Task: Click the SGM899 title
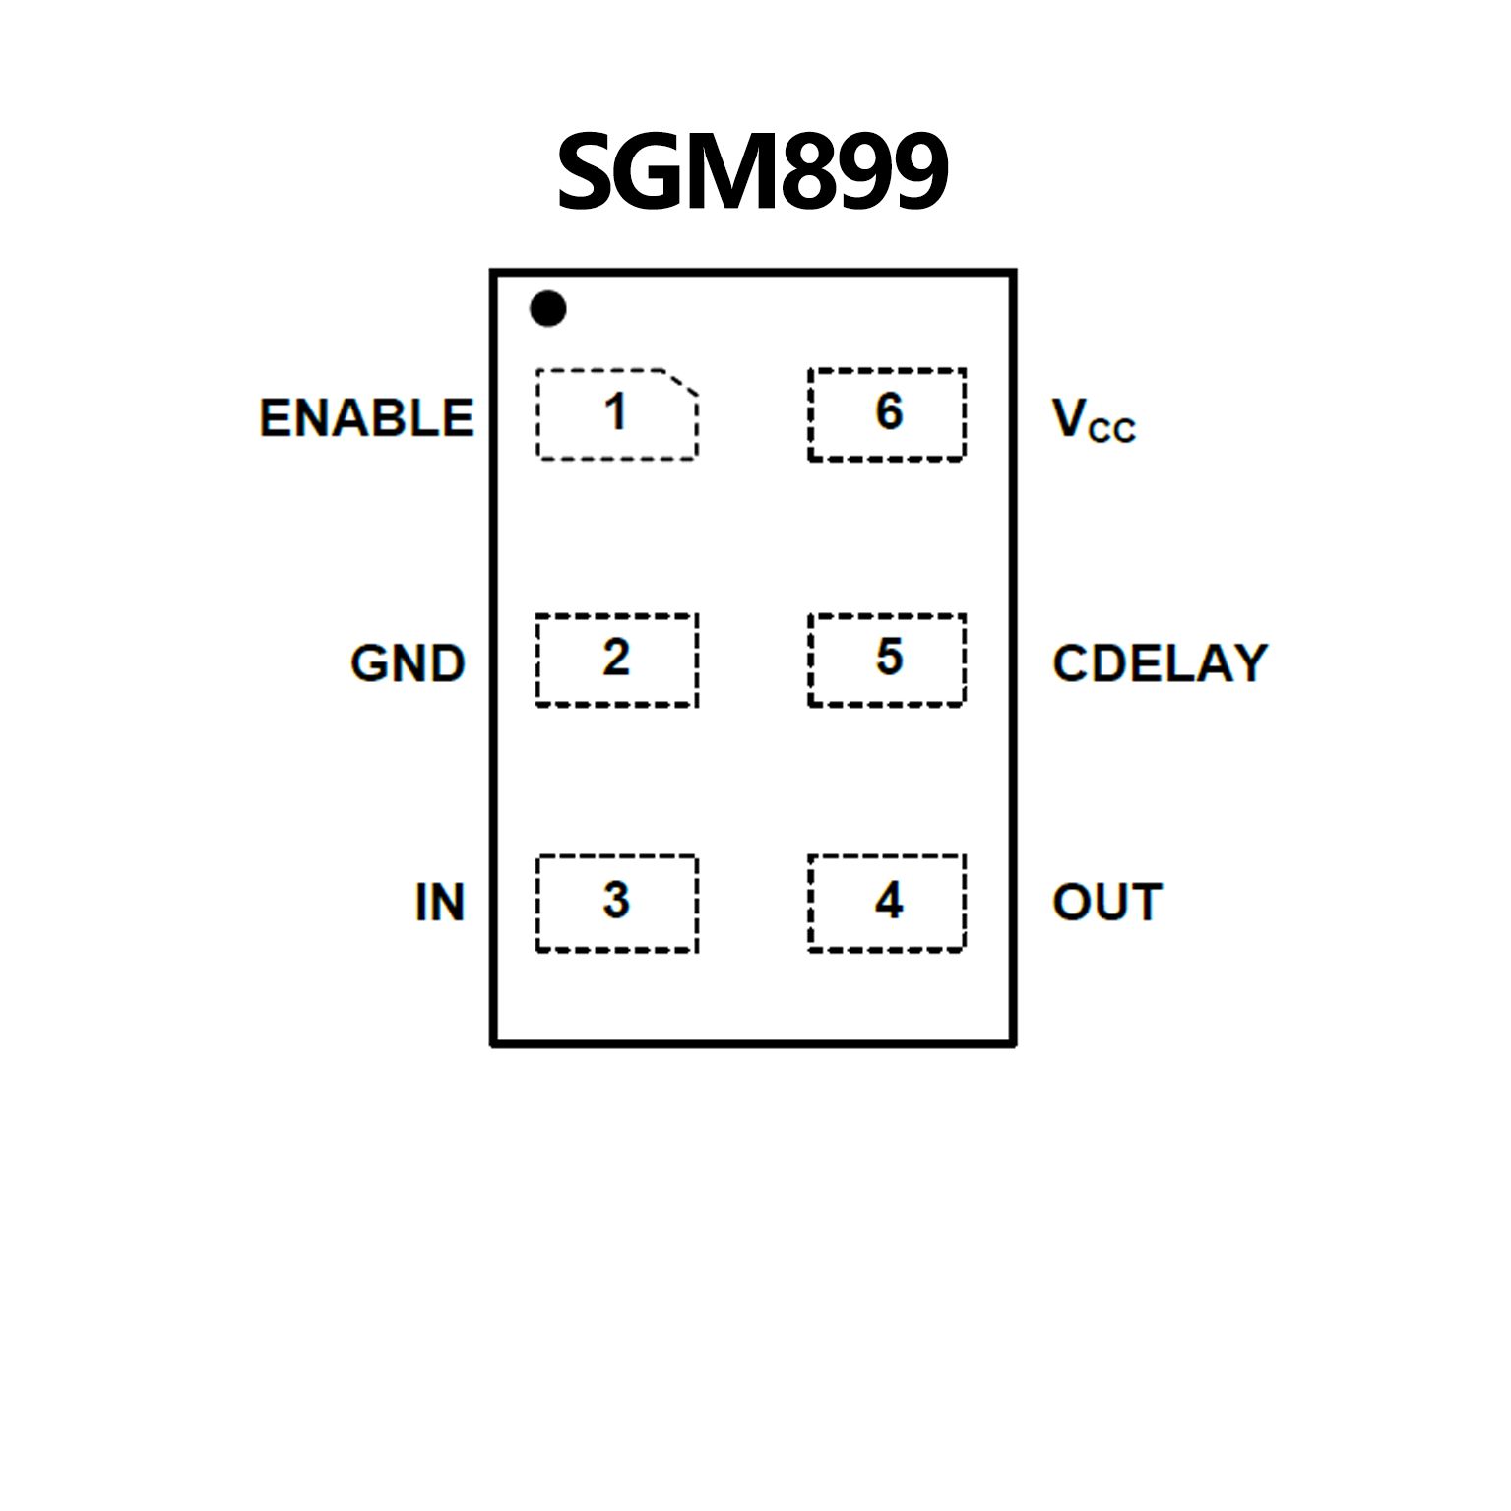[752, 171]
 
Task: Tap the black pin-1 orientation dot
[548, 309]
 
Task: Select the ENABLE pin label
[366, 417]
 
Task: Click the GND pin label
[408, 662]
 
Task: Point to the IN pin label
[439, 902]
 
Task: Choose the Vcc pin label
[1094, 420]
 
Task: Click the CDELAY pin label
[1160, 662]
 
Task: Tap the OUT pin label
[1107, 902]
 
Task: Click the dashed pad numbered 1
[617, 414]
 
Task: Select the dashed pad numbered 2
[617, 660]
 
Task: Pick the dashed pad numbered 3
[617, 904]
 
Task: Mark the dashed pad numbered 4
[887, 904]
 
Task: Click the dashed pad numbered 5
[887, 660]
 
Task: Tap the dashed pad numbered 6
[887, 414]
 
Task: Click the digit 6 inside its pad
[889, 411]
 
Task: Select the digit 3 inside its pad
[616, 900]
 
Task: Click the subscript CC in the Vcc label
[1112, 431]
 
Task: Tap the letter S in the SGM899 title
[589, 171]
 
